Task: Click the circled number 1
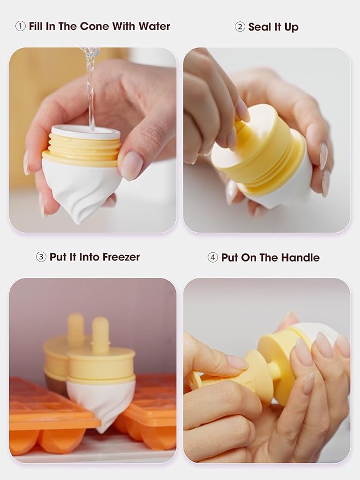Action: pos(20,27)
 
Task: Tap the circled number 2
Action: pos(240,27)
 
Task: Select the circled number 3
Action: pos(41,257)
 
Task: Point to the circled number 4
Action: pos(213,257)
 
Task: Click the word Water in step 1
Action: pos(154,26)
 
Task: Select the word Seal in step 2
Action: pos(259,27)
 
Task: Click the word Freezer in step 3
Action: pos(121,257)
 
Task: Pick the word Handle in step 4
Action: pos(300,257)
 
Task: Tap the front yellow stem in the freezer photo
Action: pos(101,335)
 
